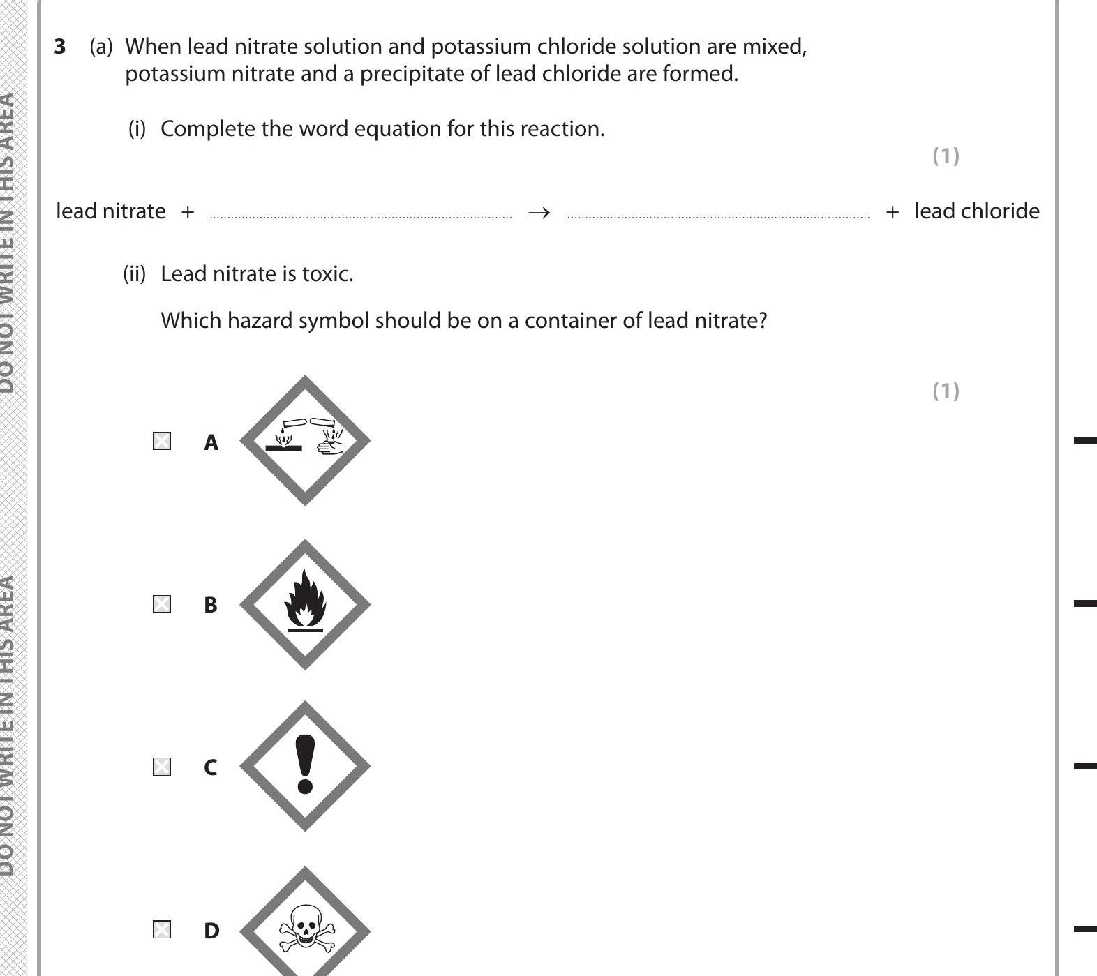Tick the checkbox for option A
[x=161, y=442]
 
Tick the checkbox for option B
[x=161, y=604]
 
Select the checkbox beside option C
[x=161, y=767]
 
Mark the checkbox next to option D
[x=161, y=929]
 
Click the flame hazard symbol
[x=305, y=603]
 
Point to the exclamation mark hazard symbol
[x=305, y=766]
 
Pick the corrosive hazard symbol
[x=305, y=440]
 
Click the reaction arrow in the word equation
[x=539, y=212]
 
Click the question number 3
[x=61, y=47]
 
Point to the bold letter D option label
[x=211, y=930]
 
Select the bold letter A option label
[x=211, y=442]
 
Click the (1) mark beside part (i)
[x=946, y=156]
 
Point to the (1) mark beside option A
[x=946, y=391]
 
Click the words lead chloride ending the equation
[x=976, y=211]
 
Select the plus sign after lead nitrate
[x=187, y=212]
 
